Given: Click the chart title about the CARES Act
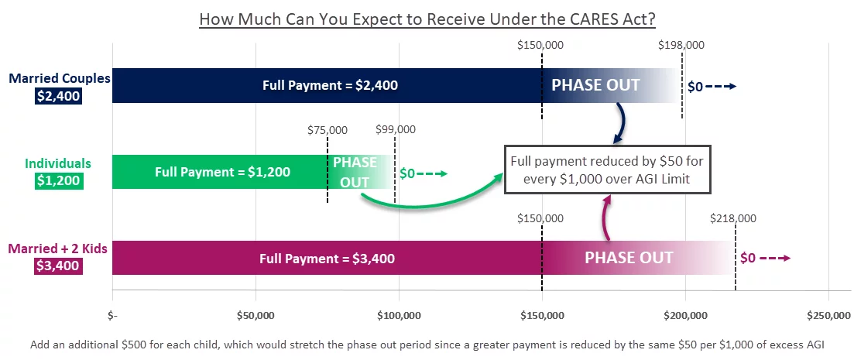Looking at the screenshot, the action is pyautogui.click(x=427, y=19).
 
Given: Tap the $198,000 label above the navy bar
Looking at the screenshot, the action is pyautogui.click(x=681, y=45).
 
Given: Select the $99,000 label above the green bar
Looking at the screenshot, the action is pyautogui.click(x=396, y=129).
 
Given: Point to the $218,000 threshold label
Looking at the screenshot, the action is pyautogui.click(x=733, y=219).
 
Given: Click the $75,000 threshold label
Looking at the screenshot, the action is pyautogui.click(x=328, y=130).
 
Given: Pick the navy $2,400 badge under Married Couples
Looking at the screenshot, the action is pyautogui.click(x=58, y=97).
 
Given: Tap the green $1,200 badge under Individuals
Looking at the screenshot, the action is pyautogui.click(x=59, y=181).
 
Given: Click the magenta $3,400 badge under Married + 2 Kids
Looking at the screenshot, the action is pyautogui.click(x=59, y=266).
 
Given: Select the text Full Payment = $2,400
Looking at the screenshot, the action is pyautogui.click(x=330, y=85).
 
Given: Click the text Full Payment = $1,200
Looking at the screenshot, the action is pyautogui.click(x=222, y=172).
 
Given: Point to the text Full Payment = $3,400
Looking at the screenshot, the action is pyautogui.click(x=327, y=259).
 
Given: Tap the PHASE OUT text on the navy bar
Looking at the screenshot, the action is pyautogui.click(x=596, y=85).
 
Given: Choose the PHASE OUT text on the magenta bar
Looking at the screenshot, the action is pyautogui.click(x=629, y=257).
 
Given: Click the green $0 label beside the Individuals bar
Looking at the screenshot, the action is pyautogui.click(x=407, y=173).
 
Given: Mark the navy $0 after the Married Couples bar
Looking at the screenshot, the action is pyautogui.click(x=695, y=87).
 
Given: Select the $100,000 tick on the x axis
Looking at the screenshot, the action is pyautogui.click(x=399, y=315).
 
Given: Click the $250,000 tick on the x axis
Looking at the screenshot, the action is pyautogui.click(x=828, y=315).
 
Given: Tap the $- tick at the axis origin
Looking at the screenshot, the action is pyautogui.click(x=112, y=315).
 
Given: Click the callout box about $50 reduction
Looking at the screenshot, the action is pyautogui.click(x=607, y=170).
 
